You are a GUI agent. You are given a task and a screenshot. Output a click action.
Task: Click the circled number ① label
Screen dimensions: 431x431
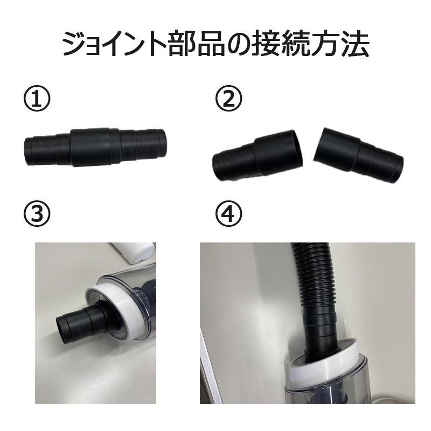click(x=37, y=100)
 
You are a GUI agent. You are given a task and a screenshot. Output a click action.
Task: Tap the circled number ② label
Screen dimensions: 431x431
click(x=229, y=100)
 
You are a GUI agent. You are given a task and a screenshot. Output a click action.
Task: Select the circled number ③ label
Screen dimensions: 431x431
click(x=37, y=215)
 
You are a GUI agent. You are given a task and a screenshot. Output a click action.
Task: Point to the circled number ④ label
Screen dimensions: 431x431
click(x=229, y=215)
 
